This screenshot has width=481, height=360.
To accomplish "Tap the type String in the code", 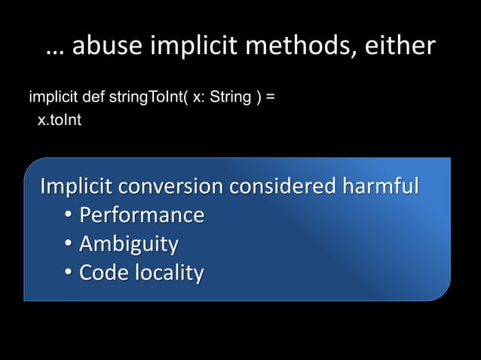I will [231, 98].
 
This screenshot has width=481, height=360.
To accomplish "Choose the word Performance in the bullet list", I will [142, 215].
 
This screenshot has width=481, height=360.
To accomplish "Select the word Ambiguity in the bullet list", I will [129, 244].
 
